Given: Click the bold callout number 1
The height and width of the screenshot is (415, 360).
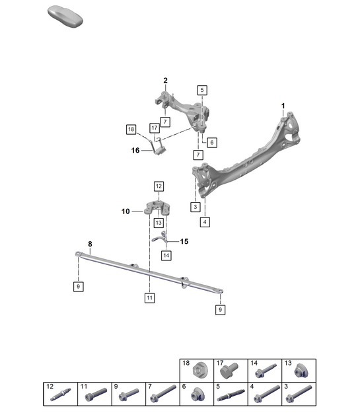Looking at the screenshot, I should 283,106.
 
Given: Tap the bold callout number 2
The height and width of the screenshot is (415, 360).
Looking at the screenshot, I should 165,81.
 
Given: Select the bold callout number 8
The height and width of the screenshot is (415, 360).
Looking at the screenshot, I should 90,243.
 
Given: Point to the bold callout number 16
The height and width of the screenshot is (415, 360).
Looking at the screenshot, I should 135,150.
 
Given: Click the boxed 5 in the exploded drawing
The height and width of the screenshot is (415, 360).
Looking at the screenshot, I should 201,89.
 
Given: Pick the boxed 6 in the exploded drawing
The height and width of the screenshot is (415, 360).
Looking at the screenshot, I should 211,142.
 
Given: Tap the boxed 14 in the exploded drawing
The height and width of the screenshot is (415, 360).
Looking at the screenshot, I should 166,255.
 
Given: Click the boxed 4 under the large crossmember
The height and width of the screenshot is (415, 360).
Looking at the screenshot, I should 205,222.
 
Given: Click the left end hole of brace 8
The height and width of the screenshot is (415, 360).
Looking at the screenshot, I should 79,253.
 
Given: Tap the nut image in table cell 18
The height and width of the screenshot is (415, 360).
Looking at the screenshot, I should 201,371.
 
